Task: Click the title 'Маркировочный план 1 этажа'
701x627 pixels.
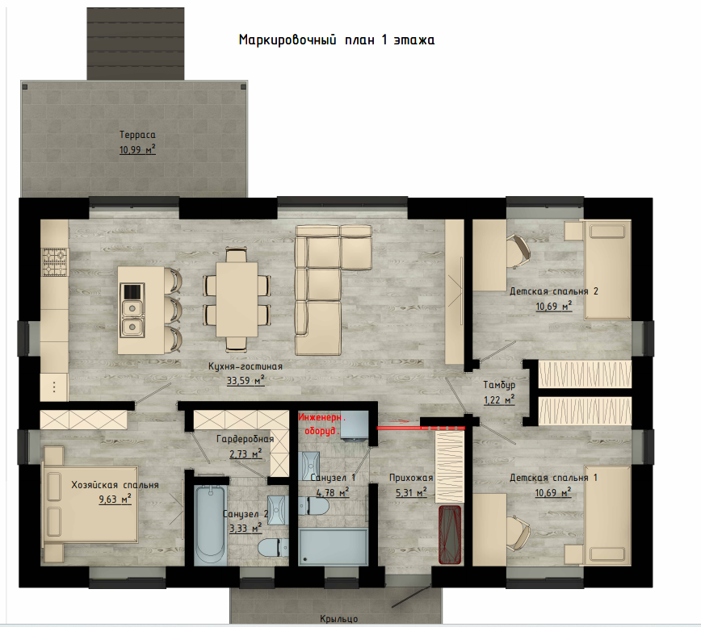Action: tap(337, 40)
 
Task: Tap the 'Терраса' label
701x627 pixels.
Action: tap(137, 135)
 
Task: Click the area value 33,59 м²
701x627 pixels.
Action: tap(246, 381)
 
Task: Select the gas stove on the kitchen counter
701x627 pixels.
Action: tap(55, 262)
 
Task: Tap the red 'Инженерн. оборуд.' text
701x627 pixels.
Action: tap(322, 424)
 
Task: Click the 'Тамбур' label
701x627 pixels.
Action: tap(499, 385)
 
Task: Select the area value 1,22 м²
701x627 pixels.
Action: tap(499, 399)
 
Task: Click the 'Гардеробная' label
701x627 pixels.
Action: tap(245, 439)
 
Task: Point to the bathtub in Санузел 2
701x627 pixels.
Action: tap(210, 525)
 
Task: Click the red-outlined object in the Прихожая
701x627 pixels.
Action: tap(450, 534)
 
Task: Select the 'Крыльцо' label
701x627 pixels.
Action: tap(339, 619)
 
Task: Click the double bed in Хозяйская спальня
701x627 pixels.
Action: tap(90, 504)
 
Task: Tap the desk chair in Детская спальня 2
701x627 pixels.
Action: tap(518, 252)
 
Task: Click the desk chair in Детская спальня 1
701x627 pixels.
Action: tap(518, 533)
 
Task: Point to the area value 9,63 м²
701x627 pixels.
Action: tap(115, 499)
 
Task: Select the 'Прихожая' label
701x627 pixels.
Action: tap(411, 478)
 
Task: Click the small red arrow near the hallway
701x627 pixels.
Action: tap(399, 421)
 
